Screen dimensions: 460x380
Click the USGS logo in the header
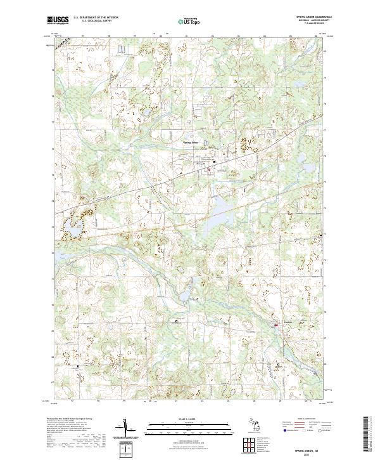click(x=57, y=20)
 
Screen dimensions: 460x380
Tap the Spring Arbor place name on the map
click(x=191, y=143)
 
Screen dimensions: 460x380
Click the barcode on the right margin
click(x=369, y=435)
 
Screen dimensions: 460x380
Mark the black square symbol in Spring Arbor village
click(x=214, y=162)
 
